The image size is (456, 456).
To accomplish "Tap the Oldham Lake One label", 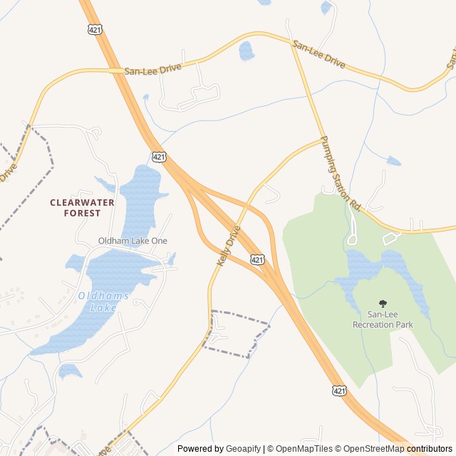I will [x=133, y=241].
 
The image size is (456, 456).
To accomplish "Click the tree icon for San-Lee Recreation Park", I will [x=383, y=304].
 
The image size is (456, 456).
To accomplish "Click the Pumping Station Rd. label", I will [x=341, y=173].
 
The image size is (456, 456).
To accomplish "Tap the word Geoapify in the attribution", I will [x=243, y=449].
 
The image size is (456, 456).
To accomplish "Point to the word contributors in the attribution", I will [x=430, y=449].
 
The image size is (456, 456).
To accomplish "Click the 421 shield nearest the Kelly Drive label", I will [x=258, y=261].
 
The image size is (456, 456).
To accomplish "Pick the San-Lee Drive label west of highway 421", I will [x=152, y=69].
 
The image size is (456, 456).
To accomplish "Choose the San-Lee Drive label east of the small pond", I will [x=318, y=54].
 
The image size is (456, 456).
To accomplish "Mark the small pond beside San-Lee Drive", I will [x=246, y=51].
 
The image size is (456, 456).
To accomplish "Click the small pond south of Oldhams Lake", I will [x=70, y=370].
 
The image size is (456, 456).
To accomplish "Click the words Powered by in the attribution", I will [x=200, y=449].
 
